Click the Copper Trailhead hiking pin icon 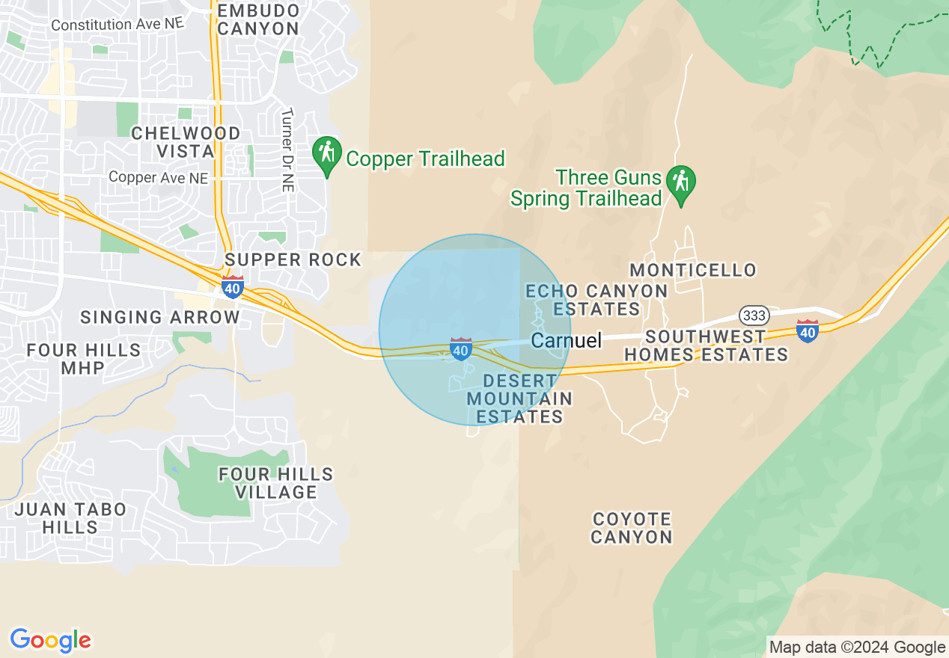[327, 154]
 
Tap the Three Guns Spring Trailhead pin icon [681, 184]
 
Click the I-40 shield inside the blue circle [460, 348]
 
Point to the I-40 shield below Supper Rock [233, 287]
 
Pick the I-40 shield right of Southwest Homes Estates [807, 330]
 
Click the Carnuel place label [566, 341]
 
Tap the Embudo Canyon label [259, 20]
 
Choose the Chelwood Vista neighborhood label [186, 142]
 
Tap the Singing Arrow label [160, 317]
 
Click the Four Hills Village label [276, 483]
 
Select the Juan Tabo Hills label [70, 518]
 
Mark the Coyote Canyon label [632, 528]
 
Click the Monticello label [692, 270]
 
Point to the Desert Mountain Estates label [519, 399]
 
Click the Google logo [50, 640]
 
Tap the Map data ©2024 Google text [858, 647]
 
